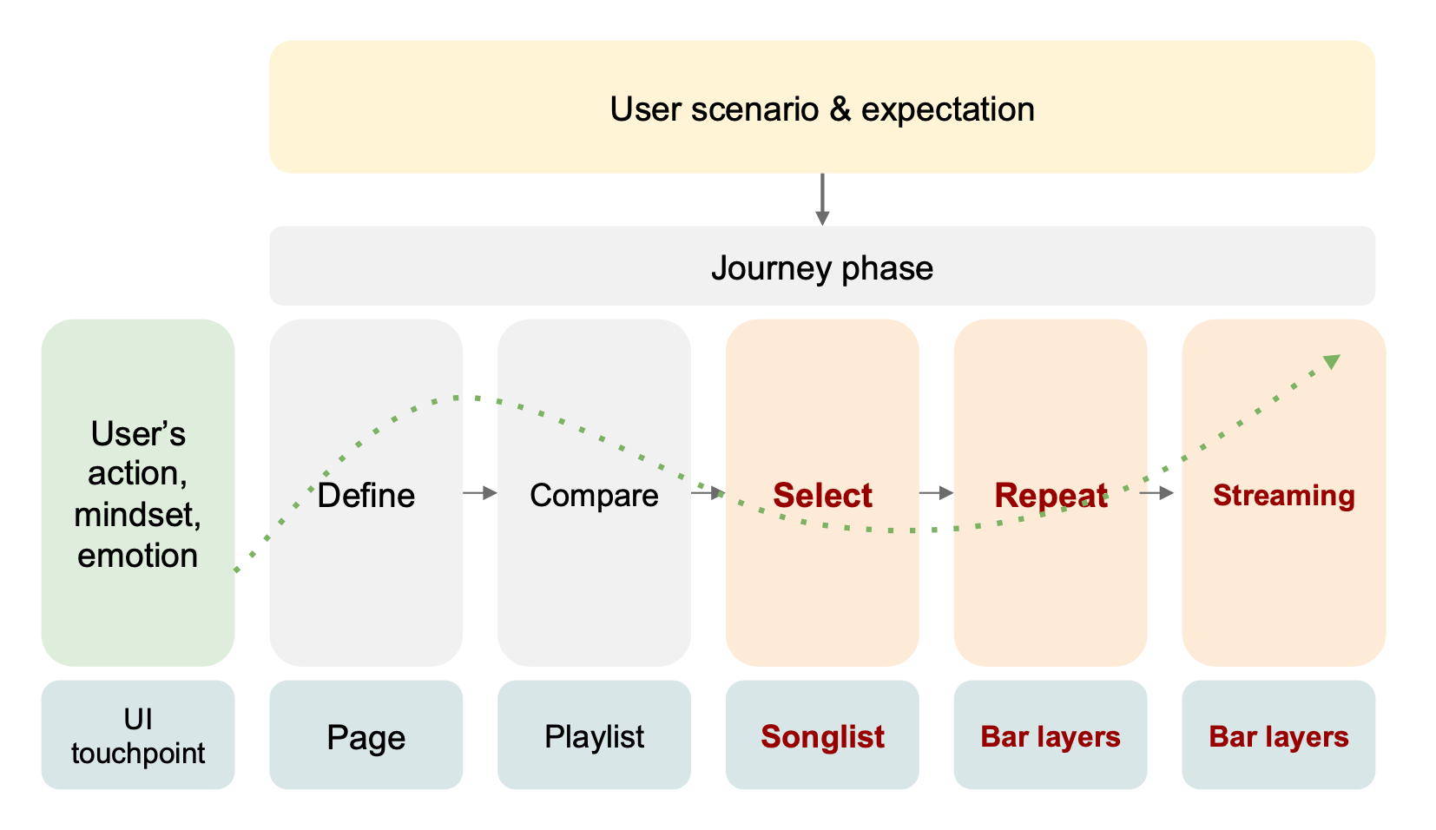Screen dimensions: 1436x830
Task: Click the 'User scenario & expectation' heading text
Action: [x=822, y=109]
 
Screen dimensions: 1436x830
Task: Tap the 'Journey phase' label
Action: [x=822, y=268]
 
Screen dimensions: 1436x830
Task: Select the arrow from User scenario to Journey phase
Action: [x=822, y=199]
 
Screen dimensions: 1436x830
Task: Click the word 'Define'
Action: [x=366, y=496]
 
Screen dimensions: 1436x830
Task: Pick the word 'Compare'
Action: [x=594, y=496]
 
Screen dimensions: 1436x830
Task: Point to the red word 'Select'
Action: [x=822, y=496]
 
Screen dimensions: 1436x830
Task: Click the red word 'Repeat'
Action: [x=1051, y=496]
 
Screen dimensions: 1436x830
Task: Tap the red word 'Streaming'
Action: [x=1284, y=496]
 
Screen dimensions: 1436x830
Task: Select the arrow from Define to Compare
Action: [x=480, y=493]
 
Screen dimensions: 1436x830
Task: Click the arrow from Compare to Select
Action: [x=708, y=493]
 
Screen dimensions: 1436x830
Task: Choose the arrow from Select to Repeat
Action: [x=937, y=493]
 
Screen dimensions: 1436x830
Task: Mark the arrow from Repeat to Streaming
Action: [x=1157, y=493]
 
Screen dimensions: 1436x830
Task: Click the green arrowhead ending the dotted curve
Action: [x=1332, y=361]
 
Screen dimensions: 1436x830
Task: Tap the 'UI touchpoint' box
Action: [x=138, y=734]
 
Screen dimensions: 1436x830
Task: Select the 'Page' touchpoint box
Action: [x=366, y=734]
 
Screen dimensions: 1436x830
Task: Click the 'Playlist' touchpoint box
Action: [x=594, y=734]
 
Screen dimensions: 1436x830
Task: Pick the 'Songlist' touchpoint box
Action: [x=822, y=734]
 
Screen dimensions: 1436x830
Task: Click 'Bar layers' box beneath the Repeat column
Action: [x=1051, y=734]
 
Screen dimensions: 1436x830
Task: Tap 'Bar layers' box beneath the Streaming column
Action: [x=1279, y=734]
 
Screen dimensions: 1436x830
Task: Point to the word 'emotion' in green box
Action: [x=138, y=555]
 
